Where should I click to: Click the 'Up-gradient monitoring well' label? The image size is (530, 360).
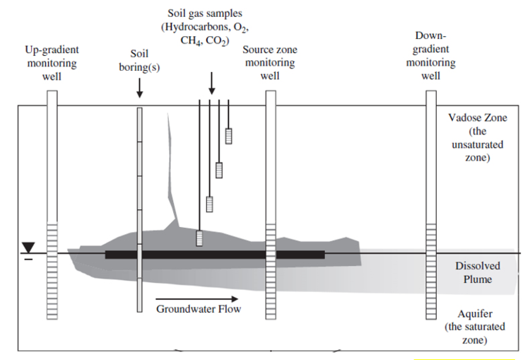click(52, 63)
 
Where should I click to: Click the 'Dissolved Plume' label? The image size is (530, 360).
click(478, 272)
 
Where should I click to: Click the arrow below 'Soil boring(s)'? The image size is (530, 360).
click(140, 88)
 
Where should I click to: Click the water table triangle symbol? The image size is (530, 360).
click(28, 247)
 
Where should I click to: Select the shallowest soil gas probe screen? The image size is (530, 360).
click(229, 136)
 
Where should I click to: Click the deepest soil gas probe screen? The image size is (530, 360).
click(200, 238)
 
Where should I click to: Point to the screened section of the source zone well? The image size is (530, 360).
click(270, 251)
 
